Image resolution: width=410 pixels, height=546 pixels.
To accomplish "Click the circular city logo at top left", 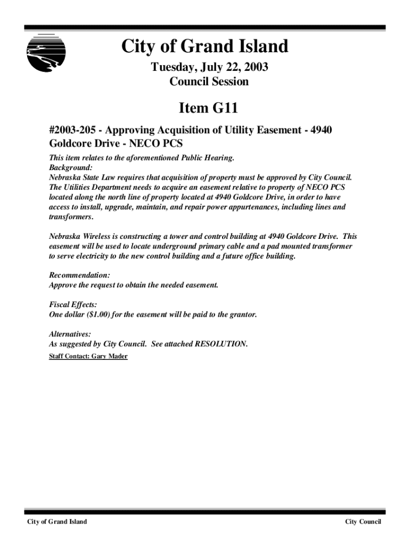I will (x=46, y=52).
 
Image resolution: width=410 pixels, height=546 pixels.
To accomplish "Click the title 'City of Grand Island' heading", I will (x=204, y=47).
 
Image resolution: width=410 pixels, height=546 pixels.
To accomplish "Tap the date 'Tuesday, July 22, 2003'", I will (x=209, y=68).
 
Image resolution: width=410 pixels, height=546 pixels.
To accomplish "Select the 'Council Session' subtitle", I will (x=209, y=82).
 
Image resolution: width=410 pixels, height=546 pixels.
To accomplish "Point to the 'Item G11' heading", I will (x=208, y=108).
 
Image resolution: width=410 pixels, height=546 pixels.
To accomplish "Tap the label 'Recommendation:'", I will (x=79, y=275).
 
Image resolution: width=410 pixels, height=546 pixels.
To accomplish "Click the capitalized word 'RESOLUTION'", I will (x=221, y=344).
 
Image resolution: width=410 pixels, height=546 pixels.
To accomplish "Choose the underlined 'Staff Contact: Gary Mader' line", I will (x=88, y=356).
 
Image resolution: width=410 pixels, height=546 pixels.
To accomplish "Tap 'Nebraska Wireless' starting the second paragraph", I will (x=79, y=236).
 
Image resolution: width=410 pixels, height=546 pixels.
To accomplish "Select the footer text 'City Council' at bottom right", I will (x=363, y=521).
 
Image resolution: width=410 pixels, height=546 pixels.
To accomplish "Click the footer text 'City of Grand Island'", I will (x=58, y=521).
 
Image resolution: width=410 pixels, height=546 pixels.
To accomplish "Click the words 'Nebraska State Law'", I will (x=81, y=178).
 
